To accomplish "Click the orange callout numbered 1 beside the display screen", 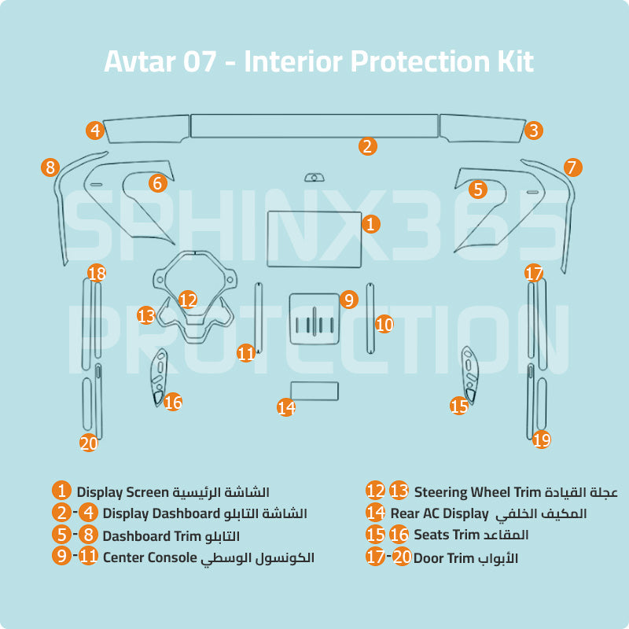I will click(370, 223).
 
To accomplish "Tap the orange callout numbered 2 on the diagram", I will click(366, 145).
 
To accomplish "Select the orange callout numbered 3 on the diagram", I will click(534, 131).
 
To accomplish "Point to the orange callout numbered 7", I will click(572, 167).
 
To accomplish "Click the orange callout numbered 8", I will click(50, 167).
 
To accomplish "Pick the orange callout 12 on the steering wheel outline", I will click(187, 300).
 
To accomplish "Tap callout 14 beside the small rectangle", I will click(286, 407).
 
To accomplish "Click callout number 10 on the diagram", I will click(384, 324).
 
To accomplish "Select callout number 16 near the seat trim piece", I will click(173, 402).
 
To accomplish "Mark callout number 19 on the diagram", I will click(541, 440).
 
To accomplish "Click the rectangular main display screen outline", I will click(314, 240).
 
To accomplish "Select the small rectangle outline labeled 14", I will click(314, 391).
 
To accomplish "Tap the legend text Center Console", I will click(149, 557).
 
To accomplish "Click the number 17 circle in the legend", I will click(376, 557).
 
